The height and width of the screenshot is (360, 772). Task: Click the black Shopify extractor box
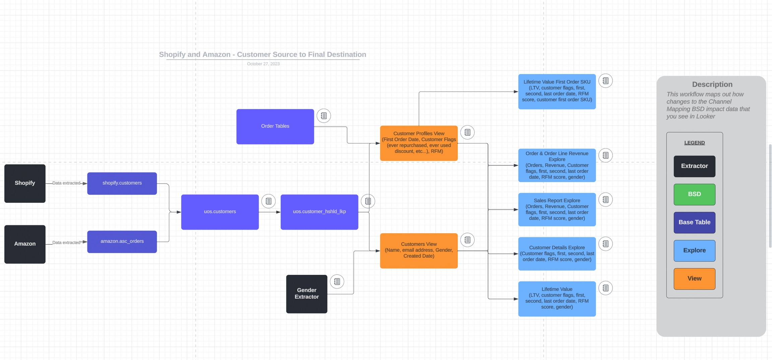25,183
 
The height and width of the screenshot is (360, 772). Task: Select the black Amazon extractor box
25,244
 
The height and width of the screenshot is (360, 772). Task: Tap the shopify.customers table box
122,183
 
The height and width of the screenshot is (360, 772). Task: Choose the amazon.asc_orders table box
122,241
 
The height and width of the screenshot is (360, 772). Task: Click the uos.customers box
220,212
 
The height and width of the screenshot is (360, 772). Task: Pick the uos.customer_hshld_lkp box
319,212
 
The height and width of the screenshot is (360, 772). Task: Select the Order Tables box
275,126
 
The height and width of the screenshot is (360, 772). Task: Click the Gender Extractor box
307,294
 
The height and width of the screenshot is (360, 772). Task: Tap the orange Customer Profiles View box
419,143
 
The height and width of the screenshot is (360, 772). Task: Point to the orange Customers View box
419,250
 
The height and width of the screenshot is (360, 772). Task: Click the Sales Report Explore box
557,209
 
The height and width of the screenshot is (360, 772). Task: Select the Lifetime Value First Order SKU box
557,91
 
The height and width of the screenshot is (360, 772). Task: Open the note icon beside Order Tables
324,116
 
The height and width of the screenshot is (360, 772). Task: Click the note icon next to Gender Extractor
337,282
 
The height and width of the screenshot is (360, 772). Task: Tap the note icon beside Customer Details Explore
605,244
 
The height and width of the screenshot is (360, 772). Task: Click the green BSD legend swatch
694,194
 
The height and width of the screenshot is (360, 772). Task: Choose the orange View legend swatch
694,279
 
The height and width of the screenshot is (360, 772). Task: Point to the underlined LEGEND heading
694,143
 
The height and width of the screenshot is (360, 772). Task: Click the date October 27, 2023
263,64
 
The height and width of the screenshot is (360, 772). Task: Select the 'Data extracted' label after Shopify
66,183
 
